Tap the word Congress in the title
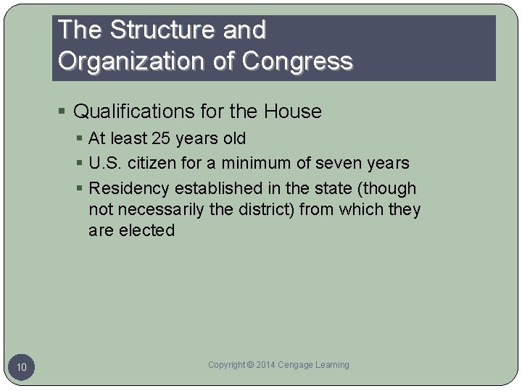click(x=298, y=61)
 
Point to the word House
click(x=293, y=112)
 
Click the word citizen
click(x=153, y=164)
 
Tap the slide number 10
click(x=22, y=368)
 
